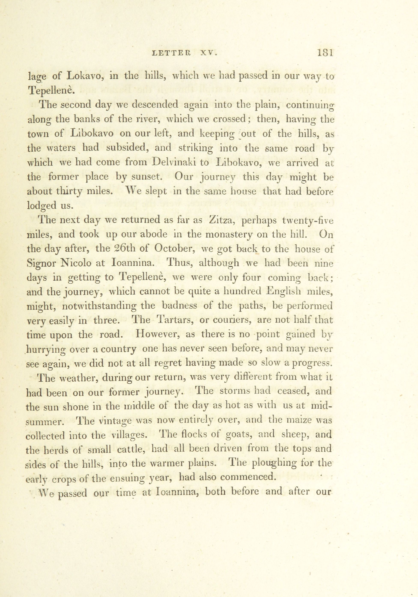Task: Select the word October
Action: [x=175, y=249]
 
